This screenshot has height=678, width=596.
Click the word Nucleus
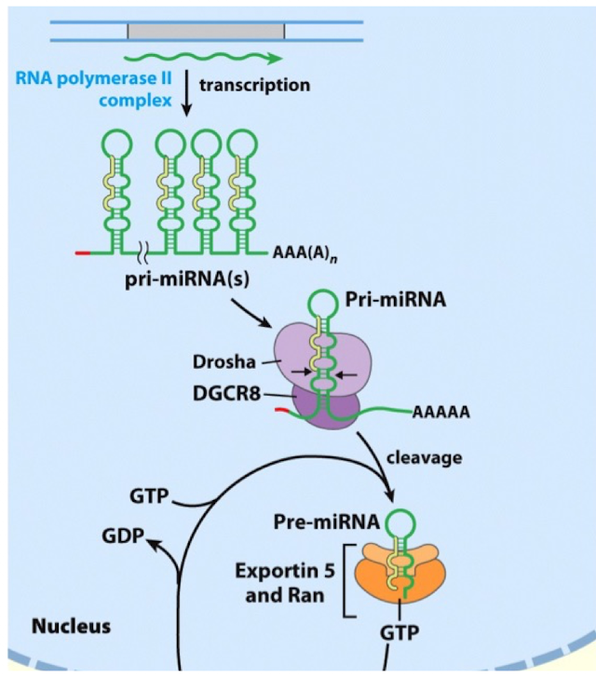coord(72,627)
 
